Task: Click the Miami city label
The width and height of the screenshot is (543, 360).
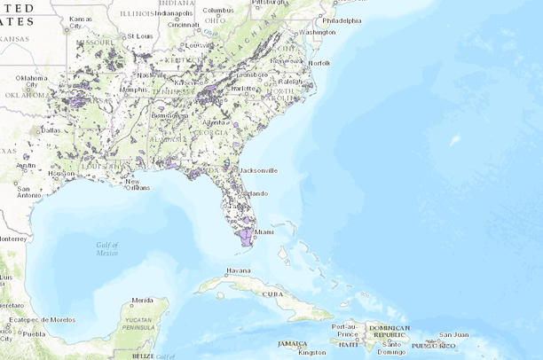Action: (x=264, y=232)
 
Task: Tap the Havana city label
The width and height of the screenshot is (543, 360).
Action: (x=239, y=270)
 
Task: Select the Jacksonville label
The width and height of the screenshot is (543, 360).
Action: (x=258, y=169)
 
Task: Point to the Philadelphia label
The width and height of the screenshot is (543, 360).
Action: (x=342, y=20)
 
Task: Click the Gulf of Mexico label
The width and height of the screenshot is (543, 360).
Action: (x=107, y=248)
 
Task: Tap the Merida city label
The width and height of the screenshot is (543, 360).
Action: (x=143, y=301)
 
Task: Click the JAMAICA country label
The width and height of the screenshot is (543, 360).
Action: (x=291, y=343)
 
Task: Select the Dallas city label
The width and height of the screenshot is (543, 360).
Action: (x=49, y=129)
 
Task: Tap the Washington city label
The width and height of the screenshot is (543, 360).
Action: (x=318, y=32)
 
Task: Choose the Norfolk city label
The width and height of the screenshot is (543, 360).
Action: (x=319, y=64)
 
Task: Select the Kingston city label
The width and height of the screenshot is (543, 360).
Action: (x=311, y=352)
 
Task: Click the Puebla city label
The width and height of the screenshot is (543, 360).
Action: (x=33, y=334)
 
